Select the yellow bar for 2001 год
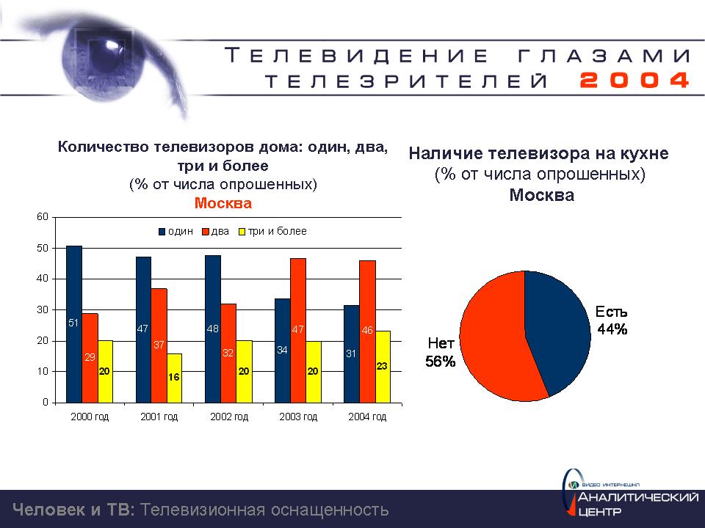(x=174, y=378)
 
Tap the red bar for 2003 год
(x=298, y=330)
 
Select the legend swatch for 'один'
(x=162, y=232)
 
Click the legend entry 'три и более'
(x=277, y=232)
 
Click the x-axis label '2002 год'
(x=228, y=417)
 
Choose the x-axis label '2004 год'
(x=367, y=417)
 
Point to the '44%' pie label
(x=612, y=329)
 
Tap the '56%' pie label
(x=441, y=361)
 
